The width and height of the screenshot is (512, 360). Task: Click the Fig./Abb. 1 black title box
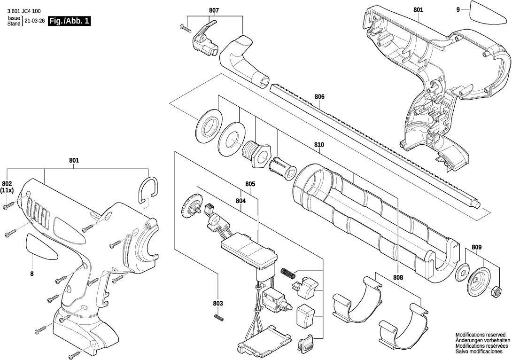click(69, 21)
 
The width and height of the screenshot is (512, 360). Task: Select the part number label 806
click(320, 97)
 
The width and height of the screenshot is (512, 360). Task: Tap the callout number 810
click(319, 145)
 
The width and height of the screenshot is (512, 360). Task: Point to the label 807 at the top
click(214, 10)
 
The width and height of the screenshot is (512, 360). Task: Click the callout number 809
click(476, 247)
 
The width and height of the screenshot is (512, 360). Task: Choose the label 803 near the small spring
click(218, 304)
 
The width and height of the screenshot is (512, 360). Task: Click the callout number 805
click(250, 184)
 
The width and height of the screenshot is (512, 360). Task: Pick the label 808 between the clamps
click(398, 278)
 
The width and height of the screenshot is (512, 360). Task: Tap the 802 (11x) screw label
click(7, 187)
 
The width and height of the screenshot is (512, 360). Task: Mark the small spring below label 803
click(218, 317)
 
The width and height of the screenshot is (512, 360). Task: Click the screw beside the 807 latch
click(186, 28)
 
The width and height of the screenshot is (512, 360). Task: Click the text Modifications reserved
click(481, 335)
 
